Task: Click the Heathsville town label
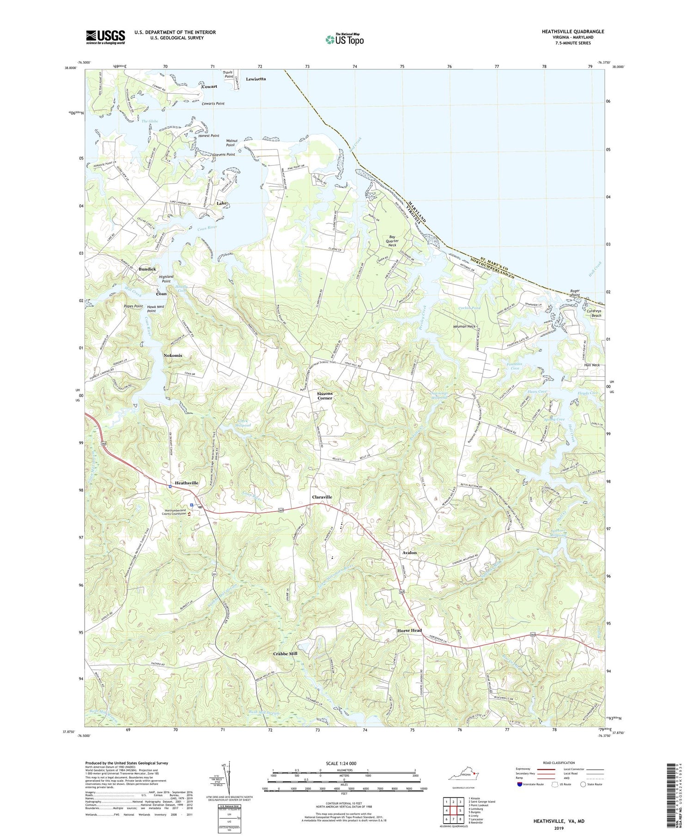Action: pyautogui.click(x=183, y=483)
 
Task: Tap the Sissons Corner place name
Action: pyautogui.click(x=324, y=396)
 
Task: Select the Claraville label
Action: pyautogui.click(x=322, y=497)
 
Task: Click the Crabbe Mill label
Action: pyautogui.click(x=285, y=654)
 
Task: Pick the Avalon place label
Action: pyautogui.click(x=409, y=552)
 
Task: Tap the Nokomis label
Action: pyautogui.click(x=173, y=355)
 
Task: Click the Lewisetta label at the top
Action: pyautogui.click(x=256, y=79)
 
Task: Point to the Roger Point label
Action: pyautogui.click(x=575, y=293)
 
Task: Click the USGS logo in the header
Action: pyautogui.click(x=105, y=37)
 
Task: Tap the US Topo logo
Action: pyautogui.click(x=344, y=39)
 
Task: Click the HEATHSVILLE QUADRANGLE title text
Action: pyautogui.click(x=566, y=31)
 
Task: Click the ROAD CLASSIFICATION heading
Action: pyautogui.click(x=559, y=763)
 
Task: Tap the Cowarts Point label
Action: pyautogui.click(x=213, y=104)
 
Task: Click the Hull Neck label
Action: pyautogui.click(x=591, y=365)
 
